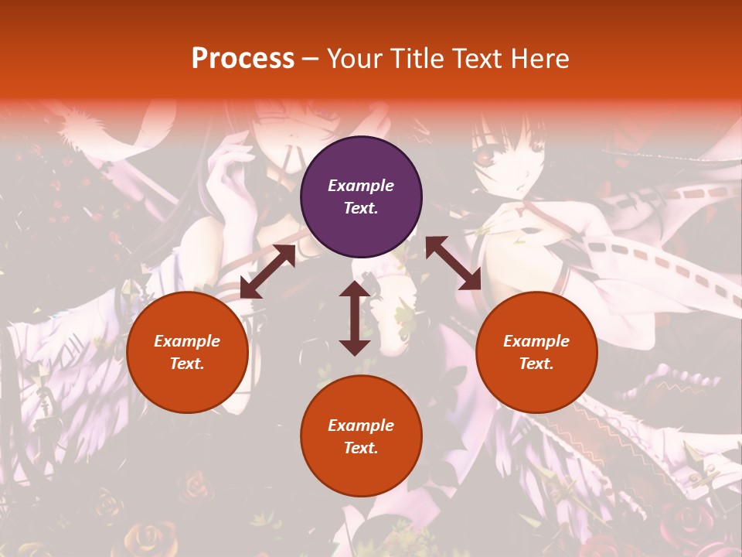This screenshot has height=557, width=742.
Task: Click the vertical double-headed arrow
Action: click(355, 318)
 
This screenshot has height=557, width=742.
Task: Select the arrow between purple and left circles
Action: click(268, 272)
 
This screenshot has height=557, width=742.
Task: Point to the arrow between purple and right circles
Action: click(453, 264)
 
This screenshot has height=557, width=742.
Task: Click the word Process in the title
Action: click(243, 59)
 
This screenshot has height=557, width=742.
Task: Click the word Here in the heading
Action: click(541, 59)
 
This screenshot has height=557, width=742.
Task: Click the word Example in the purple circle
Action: click(361, 186)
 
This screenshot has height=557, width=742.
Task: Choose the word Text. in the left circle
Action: click(187, 364)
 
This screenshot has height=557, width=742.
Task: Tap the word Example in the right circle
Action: click(536, 341)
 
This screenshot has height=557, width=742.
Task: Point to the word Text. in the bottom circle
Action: click(361, 448)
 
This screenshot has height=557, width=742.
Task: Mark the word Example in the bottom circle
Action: click(361, 425)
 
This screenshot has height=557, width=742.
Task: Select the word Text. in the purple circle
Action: click(361, 208)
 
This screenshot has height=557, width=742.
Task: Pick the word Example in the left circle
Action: click(187, 341)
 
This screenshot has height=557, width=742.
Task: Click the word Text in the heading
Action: click(478, 59)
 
